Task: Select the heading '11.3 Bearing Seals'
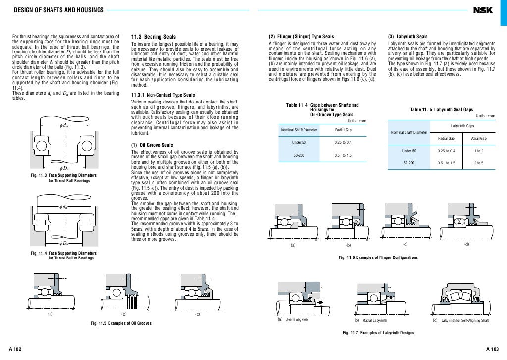[152, 37]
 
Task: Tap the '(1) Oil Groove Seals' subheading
[152, 145]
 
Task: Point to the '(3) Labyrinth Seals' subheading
[408, 37]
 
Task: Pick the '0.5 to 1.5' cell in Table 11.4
[343, 155]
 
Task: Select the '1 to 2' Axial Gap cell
[479, 151]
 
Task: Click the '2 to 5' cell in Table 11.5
[479, 163]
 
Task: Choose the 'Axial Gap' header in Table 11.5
[479, 138]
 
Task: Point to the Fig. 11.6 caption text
[378, 257]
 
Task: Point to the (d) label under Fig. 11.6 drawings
[466, 245]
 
